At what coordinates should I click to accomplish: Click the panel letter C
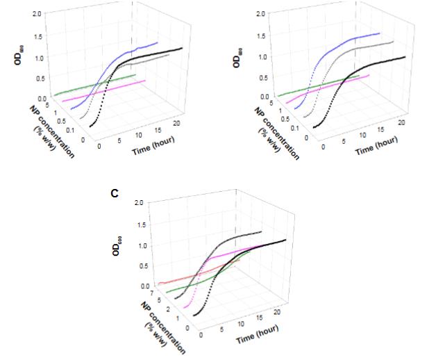(x=115, y=195)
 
